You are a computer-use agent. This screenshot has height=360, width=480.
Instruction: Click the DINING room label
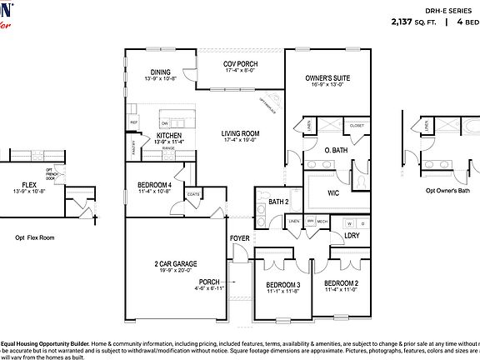[x=160, y=72]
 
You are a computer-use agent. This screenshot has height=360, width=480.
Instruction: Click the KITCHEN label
[x=169, y=135]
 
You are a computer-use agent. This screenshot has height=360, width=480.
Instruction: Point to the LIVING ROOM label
[x=240, y=133]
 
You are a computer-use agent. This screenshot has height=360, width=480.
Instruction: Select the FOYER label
[x=240, y=238]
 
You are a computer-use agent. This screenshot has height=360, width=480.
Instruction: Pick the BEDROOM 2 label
[x=341, y=284]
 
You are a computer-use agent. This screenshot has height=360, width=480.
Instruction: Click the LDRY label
[x=351, y=236]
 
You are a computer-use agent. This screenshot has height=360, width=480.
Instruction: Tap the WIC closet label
[x=333, y=192]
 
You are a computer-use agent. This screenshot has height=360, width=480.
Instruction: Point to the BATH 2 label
[x=278, y=201]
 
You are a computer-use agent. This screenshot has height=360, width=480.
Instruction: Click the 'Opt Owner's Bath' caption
[x=447, y=190]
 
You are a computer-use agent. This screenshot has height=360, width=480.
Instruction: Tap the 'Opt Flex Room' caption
[x=34, y=237]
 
